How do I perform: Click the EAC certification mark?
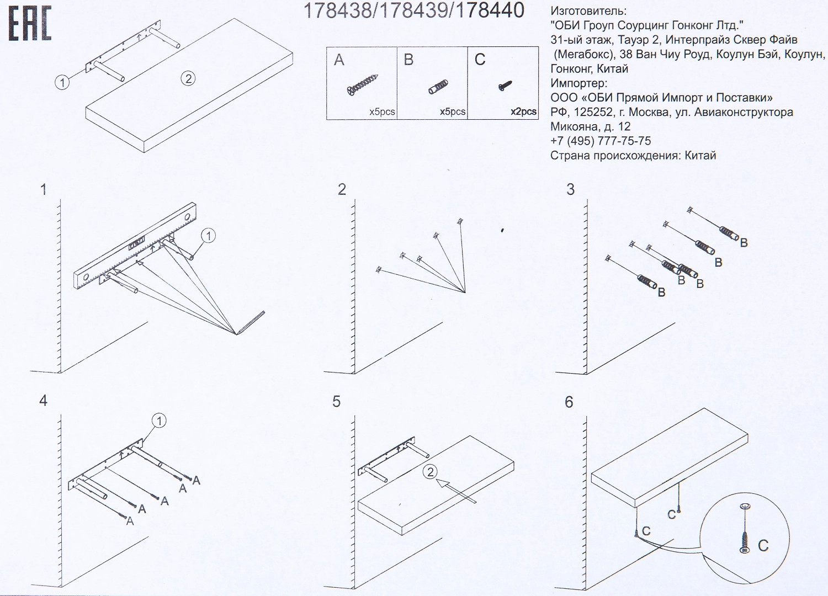pos(30,24)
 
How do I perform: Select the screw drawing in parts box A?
pos(362,84)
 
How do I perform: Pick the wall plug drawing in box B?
pos(438,87)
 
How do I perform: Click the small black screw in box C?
pos(505,86)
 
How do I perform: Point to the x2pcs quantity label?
pos(523,111)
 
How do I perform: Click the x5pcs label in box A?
pos(382,111)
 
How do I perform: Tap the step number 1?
pos(44,190)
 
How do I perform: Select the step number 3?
pos(570,190)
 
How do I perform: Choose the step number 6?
pos(569,402)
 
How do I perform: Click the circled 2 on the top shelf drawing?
pos(188,78)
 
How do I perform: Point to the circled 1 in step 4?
pos(159,421)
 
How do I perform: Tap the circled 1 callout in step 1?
pos(208,236)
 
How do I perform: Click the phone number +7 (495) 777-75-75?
pos(600,141)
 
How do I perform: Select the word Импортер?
pos(578,83)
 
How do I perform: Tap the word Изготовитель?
pos(588,11)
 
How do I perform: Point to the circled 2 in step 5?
pos(430,472)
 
